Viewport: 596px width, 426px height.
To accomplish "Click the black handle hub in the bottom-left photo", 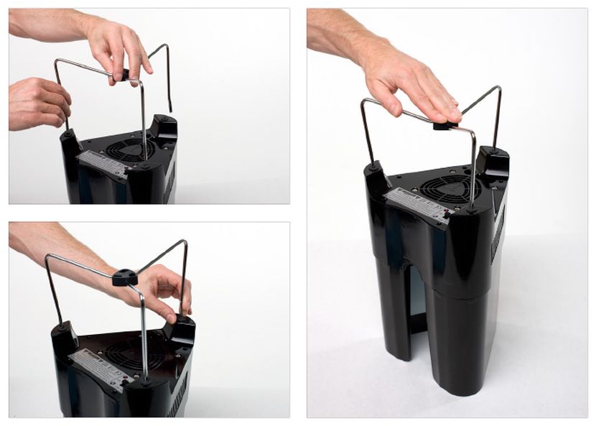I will point(125,277).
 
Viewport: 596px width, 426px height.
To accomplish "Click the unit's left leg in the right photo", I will point(392,309).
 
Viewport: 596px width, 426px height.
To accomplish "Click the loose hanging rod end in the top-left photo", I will point(169,93).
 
